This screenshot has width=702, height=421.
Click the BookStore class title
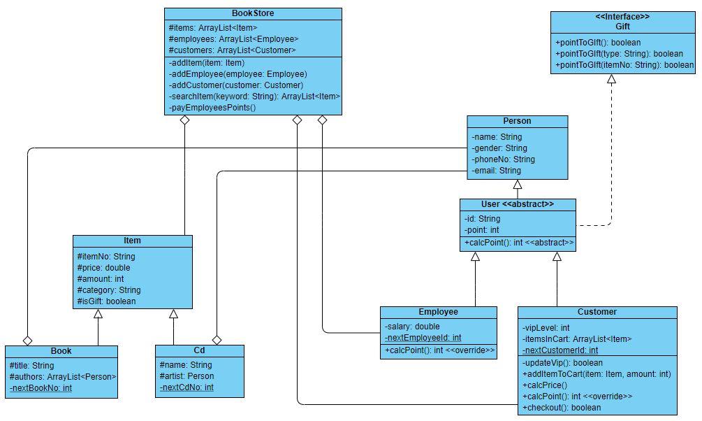tap(253, 13)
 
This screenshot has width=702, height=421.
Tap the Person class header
tap(517, 122)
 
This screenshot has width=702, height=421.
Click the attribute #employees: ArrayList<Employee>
tap(233, 39)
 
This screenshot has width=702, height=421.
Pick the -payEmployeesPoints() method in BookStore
tap(212, 108)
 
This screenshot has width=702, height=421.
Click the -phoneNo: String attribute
tap(503, 159)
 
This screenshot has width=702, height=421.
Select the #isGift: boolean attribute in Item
tap(106, 301)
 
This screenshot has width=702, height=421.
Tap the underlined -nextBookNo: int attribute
tap(42, 387)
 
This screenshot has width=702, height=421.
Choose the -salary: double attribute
tap(412, 327)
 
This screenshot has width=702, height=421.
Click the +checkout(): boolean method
tap(561, 408)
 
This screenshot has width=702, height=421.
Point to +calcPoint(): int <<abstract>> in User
tap(518, 243)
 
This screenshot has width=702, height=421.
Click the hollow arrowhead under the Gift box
tap(611, 80)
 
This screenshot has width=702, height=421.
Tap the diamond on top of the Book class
tap(27, 341)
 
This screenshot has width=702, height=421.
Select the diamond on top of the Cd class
tap(217, 340)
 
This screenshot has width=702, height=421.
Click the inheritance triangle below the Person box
tap(518, 185)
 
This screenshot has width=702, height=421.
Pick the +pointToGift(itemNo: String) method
tap(624, 65)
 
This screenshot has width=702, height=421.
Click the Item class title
tap(132, 241)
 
